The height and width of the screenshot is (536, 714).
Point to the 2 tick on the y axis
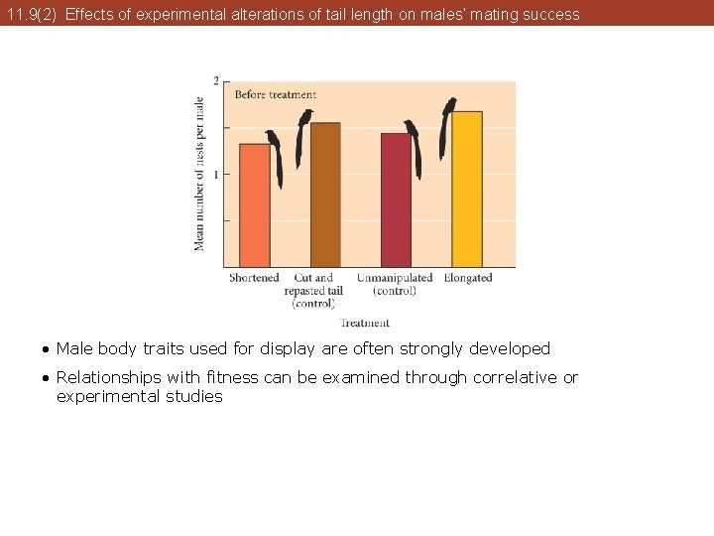pos(217,81)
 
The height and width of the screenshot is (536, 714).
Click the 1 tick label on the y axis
pos(217,175)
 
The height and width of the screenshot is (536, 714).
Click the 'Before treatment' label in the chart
pos(276,95)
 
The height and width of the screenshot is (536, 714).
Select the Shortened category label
pos(254,278)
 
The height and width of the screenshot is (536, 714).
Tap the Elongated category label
pos(468,278)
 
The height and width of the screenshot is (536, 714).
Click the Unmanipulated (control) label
pos(395,284)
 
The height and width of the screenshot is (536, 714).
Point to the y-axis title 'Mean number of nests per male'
pos(199,174)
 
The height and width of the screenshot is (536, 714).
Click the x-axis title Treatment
pos(365,323)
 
